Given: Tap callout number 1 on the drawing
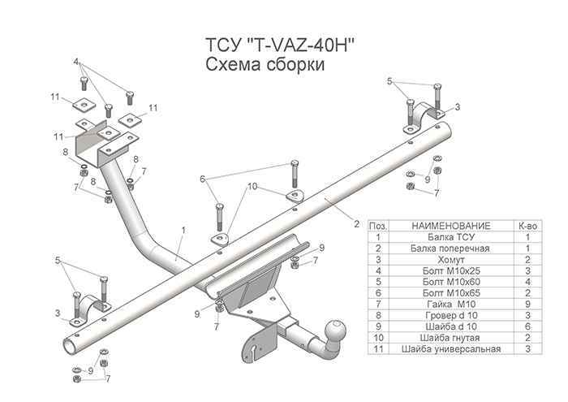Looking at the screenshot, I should click(x=184, y=231).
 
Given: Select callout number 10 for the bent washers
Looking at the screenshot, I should click(x=252, y=187).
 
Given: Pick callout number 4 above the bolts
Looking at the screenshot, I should click(x=77, y=62).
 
